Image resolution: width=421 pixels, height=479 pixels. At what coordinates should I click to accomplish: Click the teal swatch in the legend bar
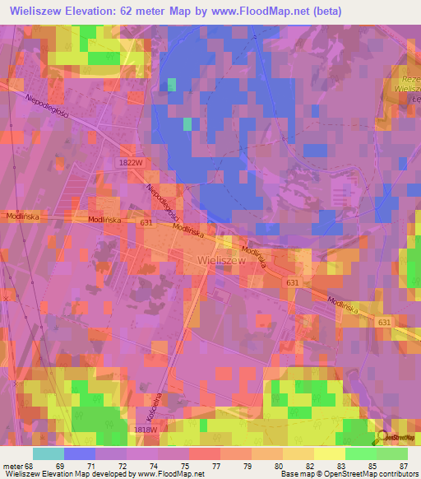tap(48, 453)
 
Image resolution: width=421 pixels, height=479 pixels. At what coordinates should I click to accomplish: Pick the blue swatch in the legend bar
tap(80, 453)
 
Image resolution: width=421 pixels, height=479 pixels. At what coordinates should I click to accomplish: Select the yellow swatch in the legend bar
tap(329, 453)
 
